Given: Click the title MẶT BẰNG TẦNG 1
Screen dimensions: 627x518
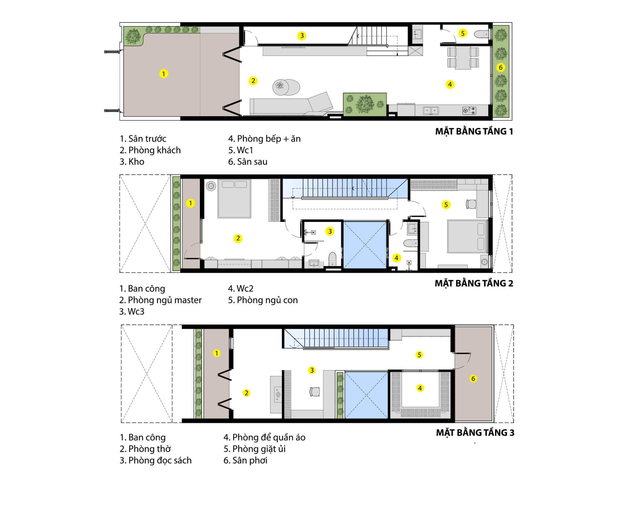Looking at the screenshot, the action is pyautogui.click(x=474, y=131).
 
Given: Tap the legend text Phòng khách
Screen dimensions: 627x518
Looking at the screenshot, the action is pyautogui.click(x=154, y=150).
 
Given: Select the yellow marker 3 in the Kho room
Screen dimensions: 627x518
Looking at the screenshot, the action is pyautogui.click(x=302, y=36).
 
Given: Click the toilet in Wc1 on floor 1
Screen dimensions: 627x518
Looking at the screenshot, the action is pyautogui.click(x=481, y=34).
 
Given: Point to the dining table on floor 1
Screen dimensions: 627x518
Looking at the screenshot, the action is pyautogui.click(x=463, y=58).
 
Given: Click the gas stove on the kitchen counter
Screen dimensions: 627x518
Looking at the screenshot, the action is pyautogui.click(x=469, y=111).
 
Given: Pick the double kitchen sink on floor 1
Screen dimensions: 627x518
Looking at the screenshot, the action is pyautogui.click(x=431, y=111).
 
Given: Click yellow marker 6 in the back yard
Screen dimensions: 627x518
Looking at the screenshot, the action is pyautogui.click(x=500, y=68).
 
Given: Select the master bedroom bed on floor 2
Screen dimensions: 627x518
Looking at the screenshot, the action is pyautogui.click(x=234, y=198).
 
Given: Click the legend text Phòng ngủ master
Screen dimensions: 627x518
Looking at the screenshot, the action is pyautogui.click(x=165, y=300).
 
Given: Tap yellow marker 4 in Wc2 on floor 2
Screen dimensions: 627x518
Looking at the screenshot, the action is pyautogui.click(x=396, y=258).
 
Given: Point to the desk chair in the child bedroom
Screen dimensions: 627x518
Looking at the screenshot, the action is pyautogui.click(x=471, y=204).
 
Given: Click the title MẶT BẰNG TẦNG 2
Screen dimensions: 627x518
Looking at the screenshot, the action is pyautogui.click(x=474, y=283).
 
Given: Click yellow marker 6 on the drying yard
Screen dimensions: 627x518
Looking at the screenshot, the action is pyautogui.click(x=473, y=379).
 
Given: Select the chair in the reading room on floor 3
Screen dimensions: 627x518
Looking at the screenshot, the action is pyautogui.click(x=315, y=392).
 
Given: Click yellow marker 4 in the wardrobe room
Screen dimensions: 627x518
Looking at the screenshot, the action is pyautogui.click(x=420, y=388).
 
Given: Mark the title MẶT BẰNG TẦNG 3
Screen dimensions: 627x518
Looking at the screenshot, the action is pyautogui.click(x=475, y=433).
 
